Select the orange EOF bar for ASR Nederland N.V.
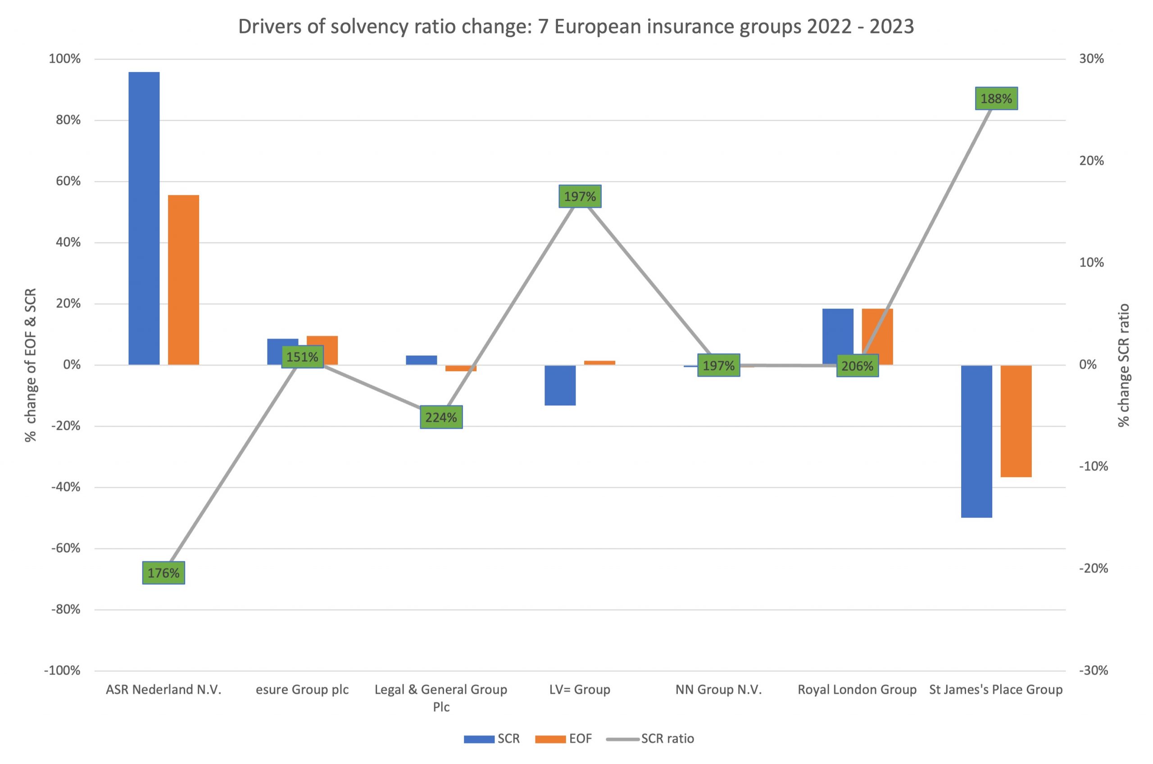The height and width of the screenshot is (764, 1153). [183, 280]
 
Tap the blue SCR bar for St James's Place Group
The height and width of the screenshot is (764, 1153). [976, 441]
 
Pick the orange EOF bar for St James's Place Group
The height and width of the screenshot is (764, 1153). [1016, 421]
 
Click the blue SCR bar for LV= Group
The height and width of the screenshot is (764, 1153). [560, 385]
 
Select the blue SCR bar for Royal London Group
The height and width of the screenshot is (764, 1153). [837, 336]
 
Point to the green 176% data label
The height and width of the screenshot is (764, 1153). [163, 573]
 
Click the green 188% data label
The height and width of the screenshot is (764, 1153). [996, 98]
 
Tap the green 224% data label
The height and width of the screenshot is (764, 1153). [441, 417]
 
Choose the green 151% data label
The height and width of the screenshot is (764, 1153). [302, 357]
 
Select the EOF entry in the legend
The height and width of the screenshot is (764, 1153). [580, 739]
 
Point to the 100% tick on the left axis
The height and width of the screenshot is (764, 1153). [65, 59]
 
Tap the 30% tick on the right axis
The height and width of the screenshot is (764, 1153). [1091, 59]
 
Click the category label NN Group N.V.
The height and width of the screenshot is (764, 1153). [718, 690]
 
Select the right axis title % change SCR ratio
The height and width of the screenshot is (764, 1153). [1123, 365]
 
